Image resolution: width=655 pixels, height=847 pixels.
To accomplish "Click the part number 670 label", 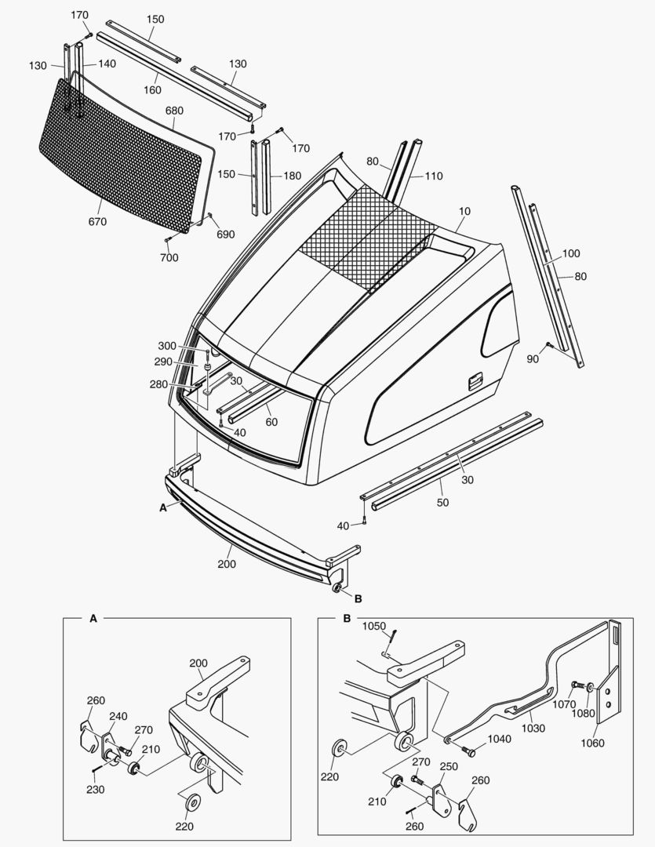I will [98, 222].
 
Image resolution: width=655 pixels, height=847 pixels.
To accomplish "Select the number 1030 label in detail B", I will [533, 729].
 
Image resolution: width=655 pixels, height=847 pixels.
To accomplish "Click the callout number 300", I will [167, 346].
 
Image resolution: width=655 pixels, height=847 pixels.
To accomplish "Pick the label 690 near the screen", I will [225, 234].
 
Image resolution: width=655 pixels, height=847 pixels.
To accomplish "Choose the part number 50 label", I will [442, 503].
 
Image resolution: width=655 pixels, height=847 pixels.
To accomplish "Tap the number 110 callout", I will [434, 176].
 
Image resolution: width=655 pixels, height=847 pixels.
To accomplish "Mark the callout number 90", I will [533, 358].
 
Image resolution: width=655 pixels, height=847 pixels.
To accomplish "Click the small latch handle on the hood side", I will [474, 382].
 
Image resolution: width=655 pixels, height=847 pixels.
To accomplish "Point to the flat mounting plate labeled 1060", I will [606, 702].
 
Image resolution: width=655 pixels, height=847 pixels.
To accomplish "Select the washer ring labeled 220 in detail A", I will [190, 802].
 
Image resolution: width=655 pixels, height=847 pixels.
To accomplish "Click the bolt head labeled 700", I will [169, 240].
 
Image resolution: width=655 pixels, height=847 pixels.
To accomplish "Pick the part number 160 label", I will [152, 89].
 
